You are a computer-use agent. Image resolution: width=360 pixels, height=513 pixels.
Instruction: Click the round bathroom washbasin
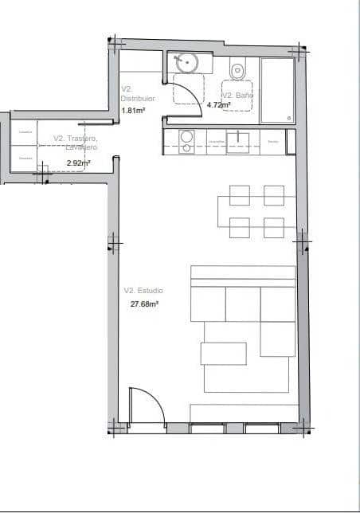tap(188, 61)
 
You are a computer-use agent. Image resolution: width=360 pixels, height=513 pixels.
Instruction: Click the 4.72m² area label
tap(218, 105)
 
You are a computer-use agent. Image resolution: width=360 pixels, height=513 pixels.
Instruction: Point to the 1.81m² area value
tap(132, 110)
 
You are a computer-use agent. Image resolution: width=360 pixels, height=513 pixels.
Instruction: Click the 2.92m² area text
tap(78, 163)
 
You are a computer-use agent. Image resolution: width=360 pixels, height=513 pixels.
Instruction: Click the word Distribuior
tap(137, 99)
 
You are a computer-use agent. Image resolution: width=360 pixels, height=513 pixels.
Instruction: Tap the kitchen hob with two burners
tap(186, 142)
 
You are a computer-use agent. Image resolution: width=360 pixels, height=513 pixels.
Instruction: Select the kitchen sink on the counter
tap(238, 142)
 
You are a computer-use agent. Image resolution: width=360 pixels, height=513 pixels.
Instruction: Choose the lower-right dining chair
tap(274, 227)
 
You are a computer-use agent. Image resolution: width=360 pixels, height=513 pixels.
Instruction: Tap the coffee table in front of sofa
tap(224, 352)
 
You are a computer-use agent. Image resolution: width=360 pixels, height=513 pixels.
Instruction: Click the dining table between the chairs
tap(256, 211)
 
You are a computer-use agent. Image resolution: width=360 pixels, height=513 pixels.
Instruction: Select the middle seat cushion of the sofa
tap(243, 303)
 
